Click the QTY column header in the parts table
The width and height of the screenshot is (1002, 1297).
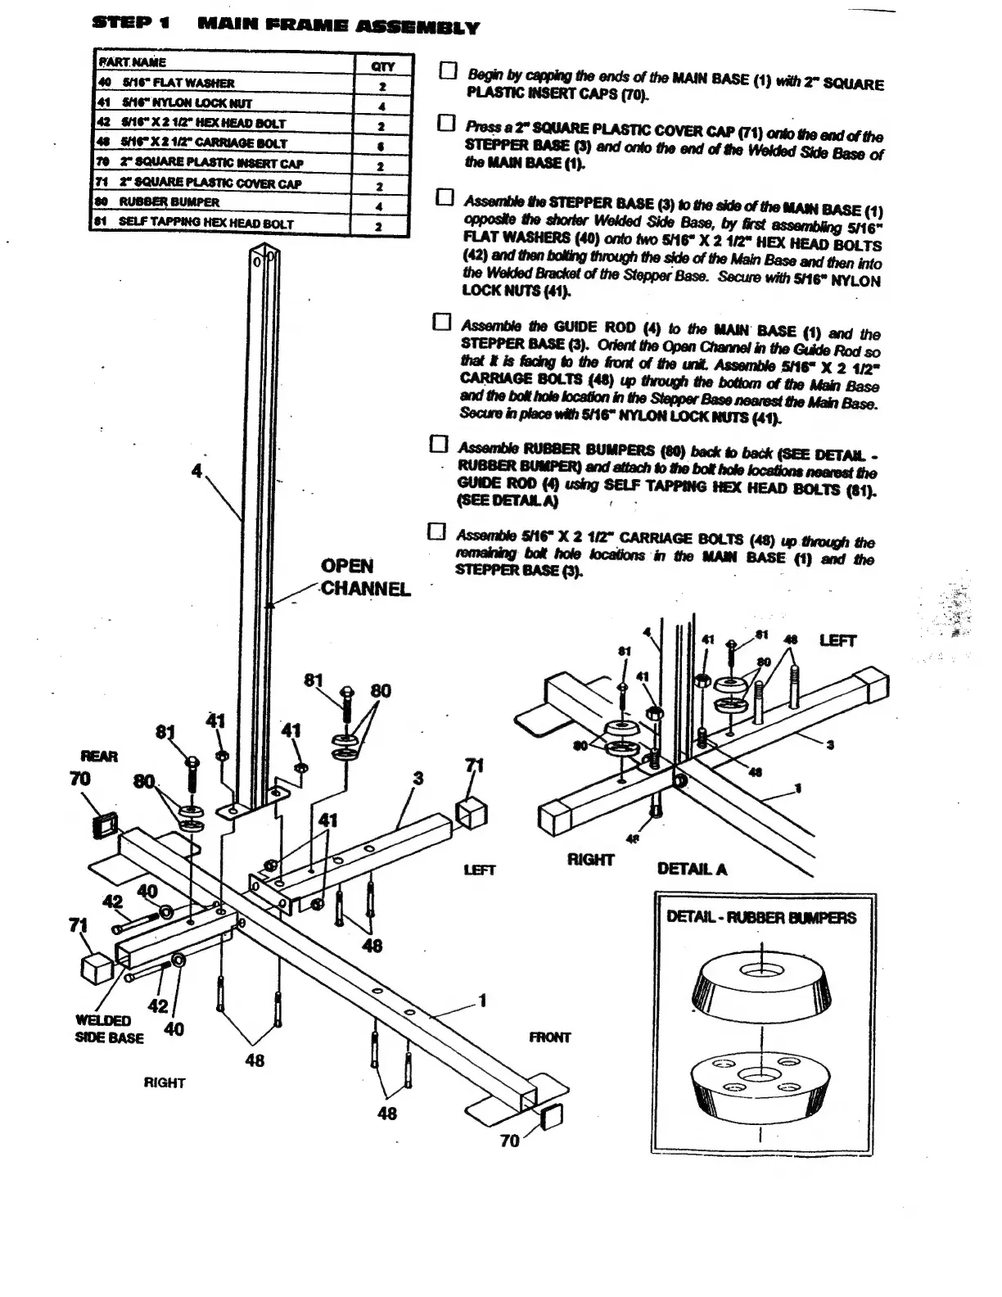382,66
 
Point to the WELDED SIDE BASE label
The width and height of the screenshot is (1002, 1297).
109,1029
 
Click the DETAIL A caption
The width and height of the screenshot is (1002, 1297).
692,869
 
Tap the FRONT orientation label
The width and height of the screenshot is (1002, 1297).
549,1037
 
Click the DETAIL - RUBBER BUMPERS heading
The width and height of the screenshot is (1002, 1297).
761,917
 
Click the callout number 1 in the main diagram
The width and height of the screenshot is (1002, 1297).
483,1000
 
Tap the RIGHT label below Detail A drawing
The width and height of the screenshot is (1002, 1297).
590,859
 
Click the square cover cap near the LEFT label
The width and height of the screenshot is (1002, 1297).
472,813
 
